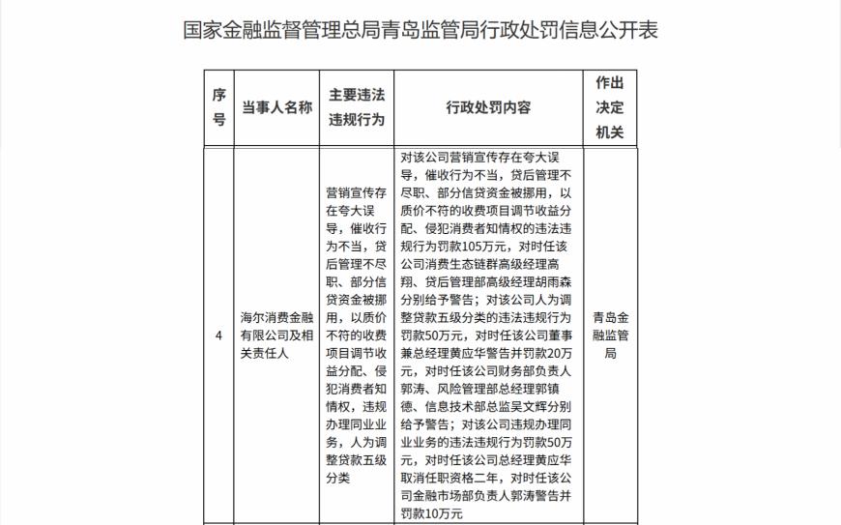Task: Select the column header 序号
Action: (x=219, y=107)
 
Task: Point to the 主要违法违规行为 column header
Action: (x=357, y=107)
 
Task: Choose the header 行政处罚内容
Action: (x=488, y=107)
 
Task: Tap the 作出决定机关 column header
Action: (x=610, y=107)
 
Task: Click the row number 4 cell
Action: (x=219, y=335)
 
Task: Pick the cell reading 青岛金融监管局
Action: (x=610, y=335)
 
